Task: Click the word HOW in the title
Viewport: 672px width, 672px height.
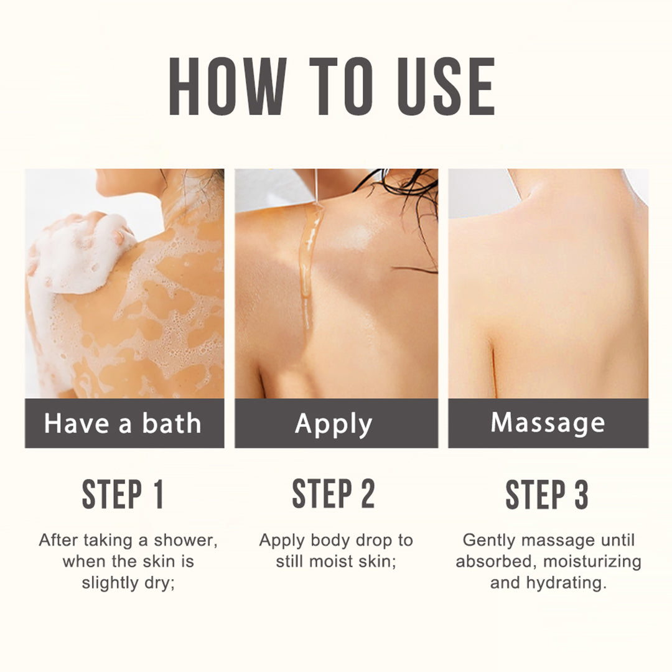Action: [228, 86]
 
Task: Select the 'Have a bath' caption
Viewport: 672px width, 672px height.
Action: [123, 424]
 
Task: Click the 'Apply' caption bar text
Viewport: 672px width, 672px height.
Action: [334, 425]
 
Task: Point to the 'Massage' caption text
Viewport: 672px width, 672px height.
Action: [548, 424]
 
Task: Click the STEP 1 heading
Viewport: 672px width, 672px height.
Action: [123, 494]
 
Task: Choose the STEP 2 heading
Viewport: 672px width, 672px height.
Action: [334, 493]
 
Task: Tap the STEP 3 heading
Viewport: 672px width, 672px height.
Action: [547, 494]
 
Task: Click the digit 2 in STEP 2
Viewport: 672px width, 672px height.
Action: [367, 493]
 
